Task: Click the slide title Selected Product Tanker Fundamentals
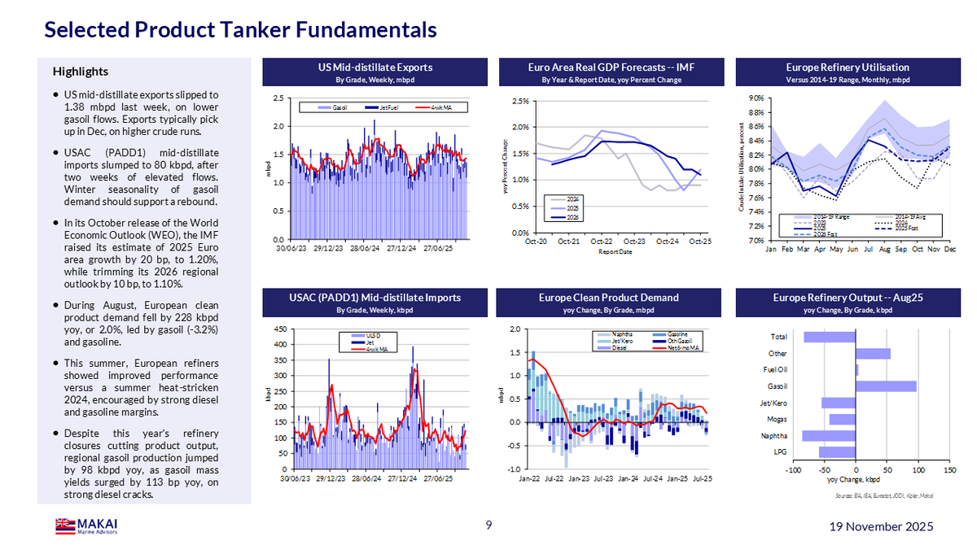click(x=240, y=30)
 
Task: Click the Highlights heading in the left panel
click(x=80, y=72)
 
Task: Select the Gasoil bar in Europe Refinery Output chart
click(x=886, y=386)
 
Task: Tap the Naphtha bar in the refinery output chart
click(x=829, y=436)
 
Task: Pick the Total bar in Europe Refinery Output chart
click(x=830, y=337)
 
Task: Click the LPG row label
click(x=779, y=452)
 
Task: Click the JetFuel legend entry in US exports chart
click(x=388, y=107)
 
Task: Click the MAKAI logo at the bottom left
click(x=85, y=527)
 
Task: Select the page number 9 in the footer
click(x=488, y=525)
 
